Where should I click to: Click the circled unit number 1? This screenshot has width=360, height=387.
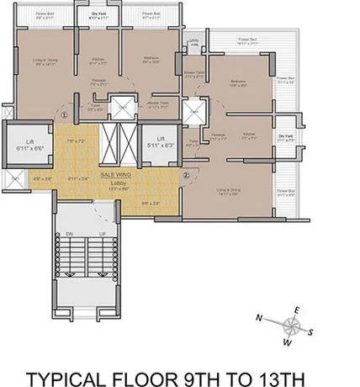(x=63, y=116)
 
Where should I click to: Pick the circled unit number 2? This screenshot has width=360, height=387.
(x=186, y=174)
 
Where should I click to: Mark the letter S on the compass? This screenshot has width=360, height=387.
(x=310, y=332)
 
